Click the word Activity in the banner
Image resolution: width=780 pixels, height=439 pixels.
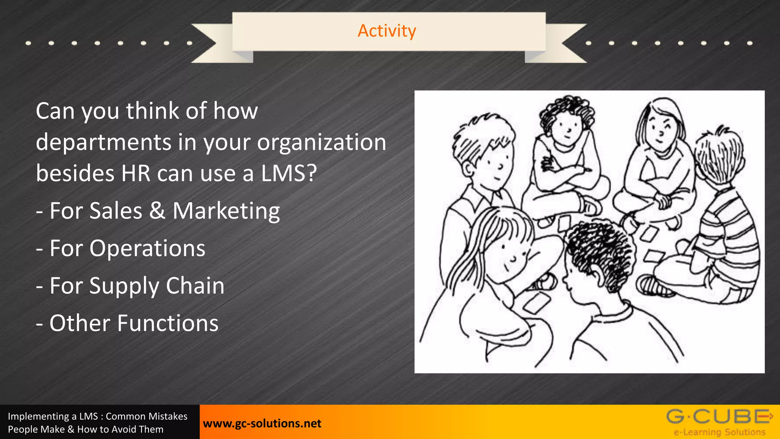(x=387, y=31)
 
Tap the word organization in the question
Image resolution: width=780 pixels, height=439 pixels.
(x=321, y=143)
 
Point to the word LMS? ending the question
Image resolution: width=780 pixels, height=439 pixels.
(x=289, y=174)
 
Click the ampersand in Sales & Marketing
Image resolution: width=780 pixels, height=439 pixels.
(x=157, y=211)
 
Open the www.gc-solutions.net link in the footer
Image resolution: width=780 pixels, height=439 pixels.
(x=262, y=423)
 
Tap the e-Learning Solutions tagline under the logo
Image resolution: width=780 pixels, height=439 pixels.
(x=719, y=432)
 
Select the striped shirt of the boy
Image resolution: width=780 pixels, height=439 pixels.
(x=724, y=229)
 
